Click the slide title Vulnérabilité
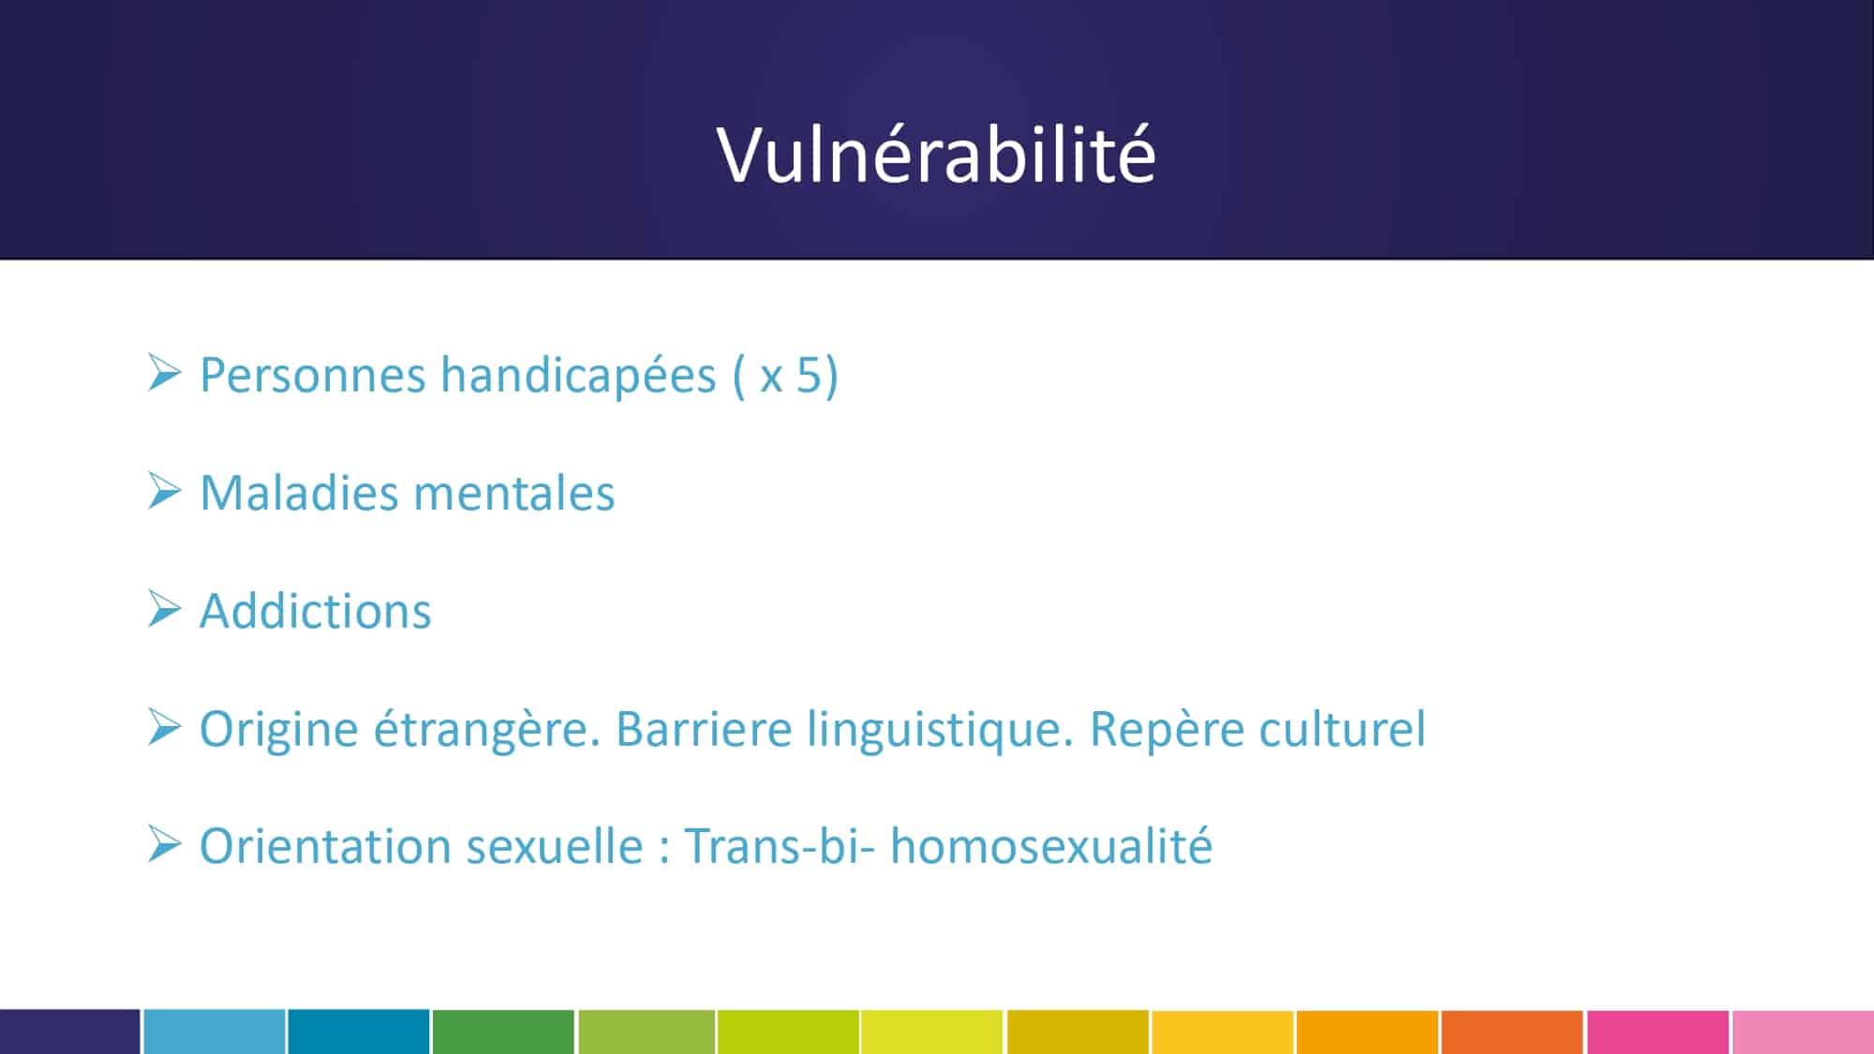[x=936, y=154]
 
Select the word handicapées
[x=578, y=376]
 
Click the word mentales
[x=513, y=495]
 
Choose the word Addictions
[x=315, y=612]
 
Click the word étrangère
[x=487, y=731]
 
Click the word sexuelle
[x=554, y=846]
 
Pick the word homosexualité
[x=1051, y=846]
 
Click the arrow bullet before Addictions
[x=164, y=609]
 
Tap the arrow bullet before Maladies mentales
[x=164, y=491]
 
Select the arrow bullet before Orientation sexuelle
[x=164, y=844]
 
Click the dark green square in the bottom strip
[x=503, y=1032]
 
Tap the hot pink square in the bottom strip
[x=1658, y=1032]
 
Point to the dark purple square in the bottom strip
[x=69, y=1032]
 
